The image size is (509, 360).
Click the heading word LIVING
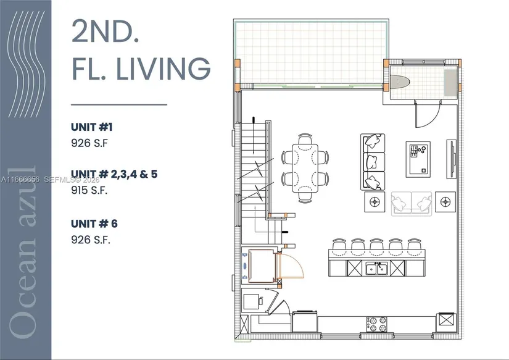163,69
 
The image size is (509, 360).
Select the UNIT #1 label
92,127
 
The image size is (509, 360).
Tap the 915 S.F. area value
89,190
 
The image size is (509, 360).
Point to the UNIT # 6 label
94,224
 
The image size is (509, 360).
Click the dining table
305,168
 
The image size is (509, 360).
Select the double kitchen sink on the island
376,269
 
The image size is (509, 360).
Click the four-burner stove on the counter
377,324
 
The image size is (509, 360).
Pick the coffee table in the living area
418,159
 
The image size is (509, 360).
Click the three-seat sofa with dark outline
373,162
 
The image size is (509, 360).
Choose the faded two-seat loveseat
412,203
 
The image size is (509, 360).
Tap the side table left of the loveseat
375,202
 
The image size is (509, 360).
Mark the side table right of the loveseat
445,202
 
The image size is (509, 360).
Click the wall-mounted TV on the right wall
452,159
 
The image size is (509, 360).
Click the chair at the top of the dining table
305,139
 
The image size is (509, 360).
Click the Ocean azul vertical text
22,253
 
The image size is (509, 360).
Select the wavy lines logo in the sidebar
26,64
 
